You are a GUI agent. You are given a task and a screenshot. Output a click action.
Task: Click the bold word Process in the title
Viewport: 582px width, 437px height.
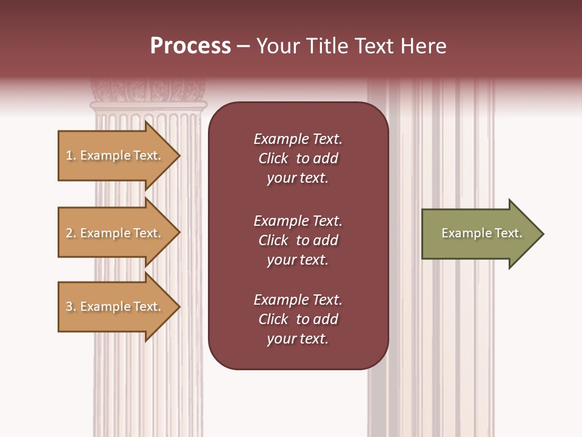coord(190,46)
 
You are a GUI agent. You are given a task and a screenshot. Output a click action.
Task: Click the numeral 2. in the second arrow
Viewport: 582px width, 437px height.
coord(70,233)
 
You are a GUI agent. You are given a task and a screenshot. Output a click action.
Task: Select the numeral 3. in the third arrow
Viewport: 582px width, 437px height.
coord(70,307)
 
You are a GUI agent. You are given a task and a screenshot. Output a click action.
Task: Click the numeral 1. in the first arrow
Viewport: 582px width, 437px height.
coord(70,155)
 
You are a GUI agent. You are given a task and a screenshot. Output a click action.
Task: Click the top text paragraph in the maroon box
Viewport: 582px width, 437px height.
coord(298,158)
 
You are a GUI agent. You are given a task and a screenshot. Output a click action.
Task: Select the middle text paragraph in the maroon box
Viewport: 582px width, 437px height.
coord(298,240)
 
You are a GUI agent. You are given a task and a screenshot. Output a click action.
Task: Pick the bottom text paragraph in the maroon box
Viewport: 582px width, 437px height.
coord(298,319)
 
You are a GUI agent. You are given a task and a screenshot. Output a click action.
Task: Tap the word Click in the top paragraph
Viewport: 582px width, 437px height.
coord(273,158)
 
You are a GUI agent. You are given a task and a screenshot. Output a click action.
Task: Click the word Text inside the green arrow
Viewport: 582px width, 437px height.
coord(508,233)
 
